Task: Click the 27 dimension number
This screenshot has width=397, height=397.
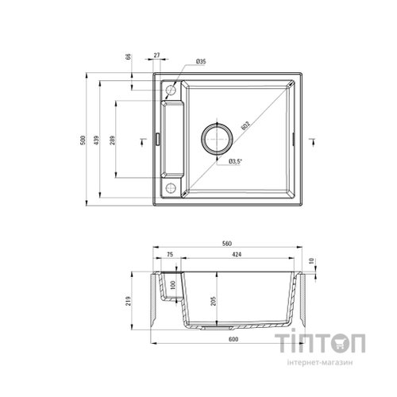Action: tap(156, 56)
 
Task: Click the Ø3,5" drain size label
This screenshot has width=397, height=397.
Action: tap(235, 162)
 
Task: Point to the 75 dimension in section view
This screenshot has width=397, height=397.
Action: tap(170, 256)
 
